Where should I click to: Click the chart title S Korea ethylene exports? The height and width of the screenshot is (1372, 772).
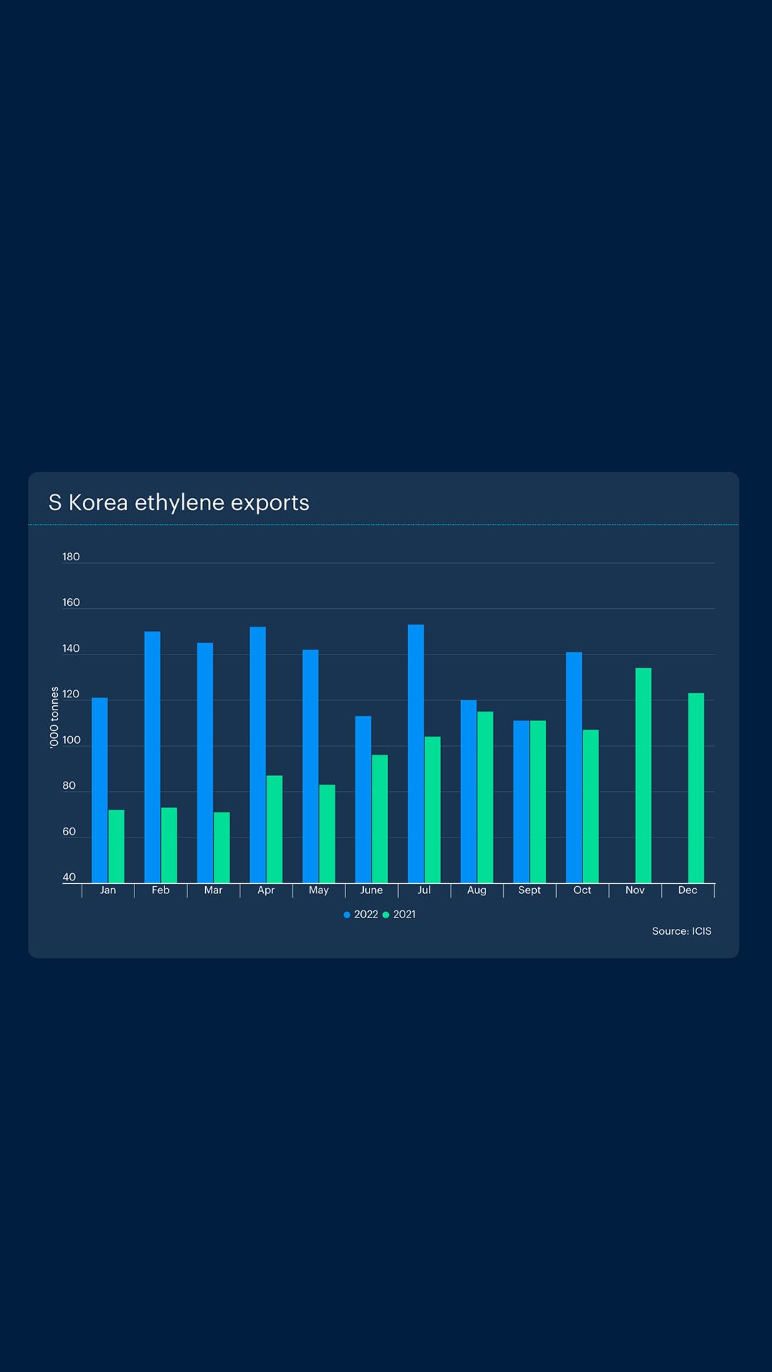click(179, 502)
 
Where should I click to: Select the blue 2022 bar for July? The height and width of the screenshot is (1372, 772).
click(416, 754)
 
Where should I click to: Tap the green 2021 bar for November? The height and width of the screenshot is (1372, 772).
click(643, 775)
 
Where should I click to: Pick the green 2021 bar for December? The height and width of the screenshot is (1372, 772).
click(696, 788)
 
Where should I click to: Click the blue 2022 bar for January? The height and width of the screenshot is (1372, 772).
click(99, 790)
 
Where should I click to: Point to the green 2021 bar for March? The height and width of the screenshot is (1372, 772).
click(222, 847)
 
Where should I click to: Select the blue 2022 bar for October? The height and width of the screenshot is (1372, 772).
click(574, 767)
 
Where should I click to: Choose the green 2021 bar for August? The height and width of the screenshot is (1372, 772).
click(485, 797)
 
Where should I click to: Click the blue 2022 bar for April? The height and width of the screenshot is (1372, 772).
click(258, 755)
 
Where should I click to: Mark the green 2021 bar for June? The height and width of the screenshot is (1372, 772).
click(380, 819)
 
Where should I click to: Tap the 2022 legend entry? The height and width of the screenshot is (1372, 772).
click(361, 915)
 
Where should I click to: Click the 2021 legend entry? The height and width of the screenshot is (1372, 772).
click(400, 915)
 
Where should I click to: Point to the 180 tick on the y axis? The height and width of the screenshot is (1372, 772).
click(71, 557)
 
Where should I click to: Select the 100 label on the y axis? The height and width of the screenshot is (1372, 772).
click(71, 740)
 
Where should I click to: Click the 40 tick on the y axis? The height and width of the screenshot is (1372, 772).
click(69, 878)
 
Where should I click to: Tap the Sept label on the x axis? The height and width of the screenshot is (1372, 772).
click(530, 890)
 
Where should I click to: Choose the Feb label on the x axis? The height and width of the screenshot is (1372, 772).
click(161, 890)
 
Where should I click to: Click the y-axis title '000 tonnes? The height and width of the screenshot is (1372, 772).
click(54, 717)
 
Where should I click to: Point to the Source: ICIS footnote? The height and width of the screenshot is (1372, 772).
click(681, 931)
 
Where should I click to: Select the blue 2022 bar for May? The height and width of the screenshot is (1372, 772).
click(310, 766)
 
